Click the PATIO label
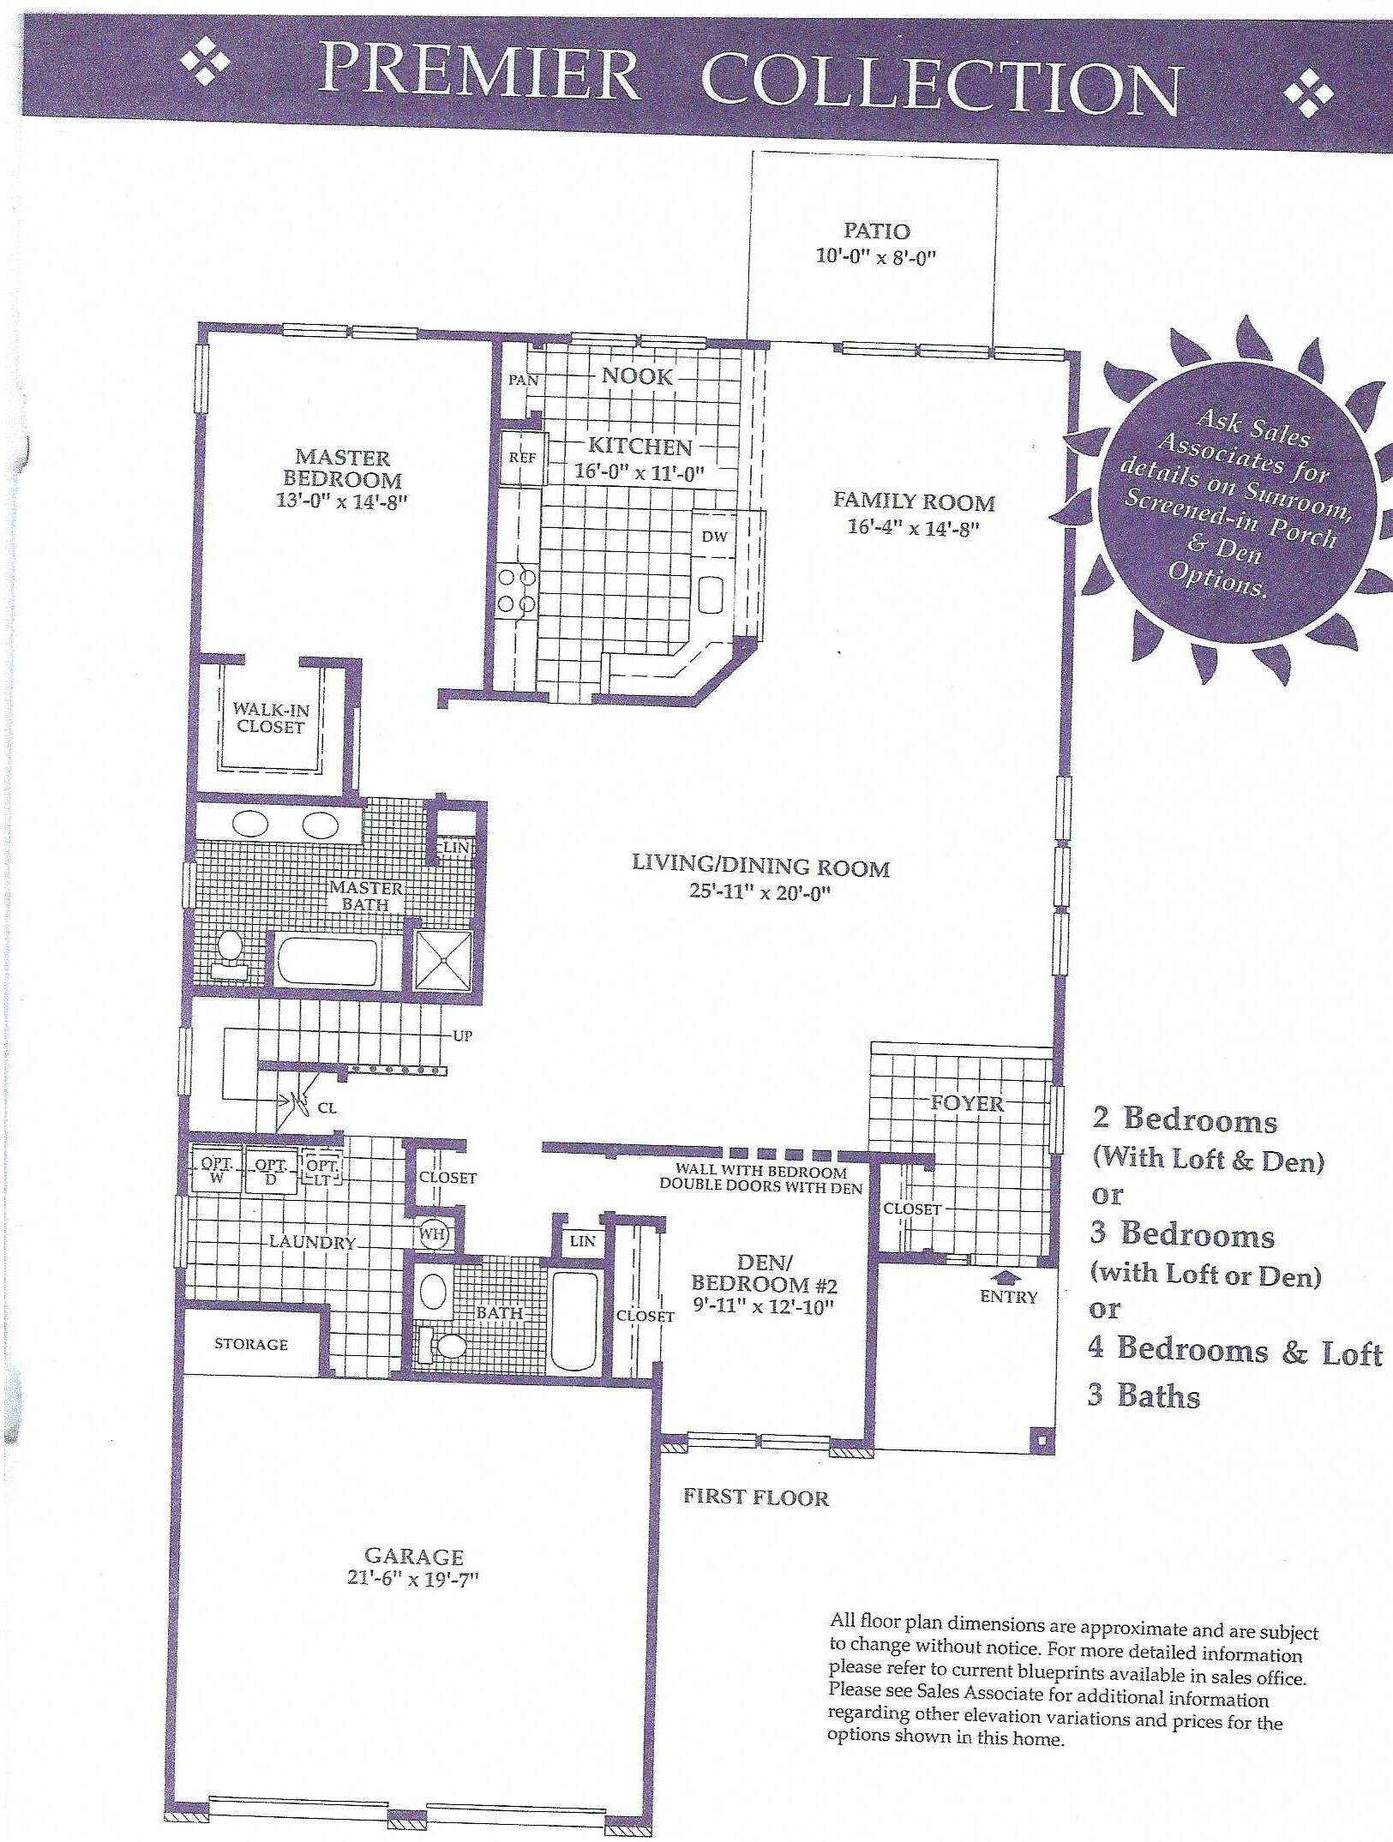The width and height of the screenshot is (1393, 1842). pos(877,231)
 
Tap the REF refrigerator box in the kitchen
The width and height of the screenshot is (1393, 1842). pos(522,458)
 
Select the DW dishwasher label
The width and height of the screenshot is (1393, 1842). pos(714,537)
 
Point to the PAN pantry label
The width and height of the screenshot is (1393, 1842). pos(523,380)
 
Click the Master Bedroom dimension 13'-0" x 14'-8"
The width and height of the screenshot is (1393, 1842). pos(341,501)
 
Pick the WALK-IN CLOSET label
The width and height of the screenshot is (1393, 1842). pos(271,718)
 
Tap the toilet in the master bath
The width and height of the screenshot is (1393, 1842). pos(229,953)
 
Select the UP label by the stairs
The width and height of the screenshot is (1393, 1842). pos(463,1035)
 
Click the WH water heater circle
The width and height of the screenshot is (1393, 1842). pos(433,1235)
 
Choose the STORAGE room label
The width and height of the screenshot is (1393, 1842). pos(251,1344)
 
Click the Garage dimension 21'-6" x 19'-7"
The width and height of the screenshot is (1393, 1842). pos(413,1578)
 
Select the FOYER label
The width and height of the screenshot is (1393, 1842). pos(967,1103)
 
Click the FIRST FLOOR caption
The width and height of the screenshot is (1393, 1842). pos(756,1497)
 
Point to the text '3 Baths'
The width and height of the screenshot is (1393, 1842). pos(1144,1395)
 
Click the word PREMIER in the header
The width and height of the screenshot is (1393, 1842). pos(479,72)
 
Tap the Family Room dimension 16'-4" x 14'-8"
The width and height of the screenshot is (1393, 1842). pos(914,527)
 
